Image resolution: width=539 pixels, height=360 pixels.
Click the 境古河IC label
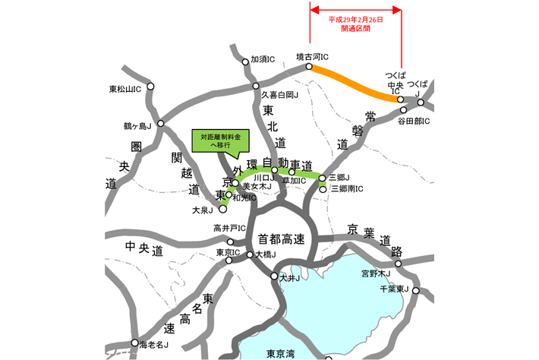tap(312, 56)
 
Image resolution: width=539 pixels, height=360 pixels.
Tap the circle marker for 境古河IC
tap(310, 67)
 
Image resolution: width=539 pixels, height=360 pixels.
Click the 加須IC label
tap(263, 59)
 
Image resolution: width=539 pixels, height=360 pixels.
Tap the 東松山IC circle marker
tap(151, 87)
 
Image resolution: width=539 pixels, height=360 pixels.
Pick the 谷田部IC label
tap(414, 121)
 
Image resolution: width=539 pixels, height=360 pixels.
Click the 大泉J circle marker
tap(222, 209)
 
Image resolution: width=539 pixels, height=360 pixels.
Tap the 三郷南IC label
tap(348, 188)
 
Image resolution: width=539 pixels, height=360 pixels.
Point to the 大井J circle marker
tap(275, 276)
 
